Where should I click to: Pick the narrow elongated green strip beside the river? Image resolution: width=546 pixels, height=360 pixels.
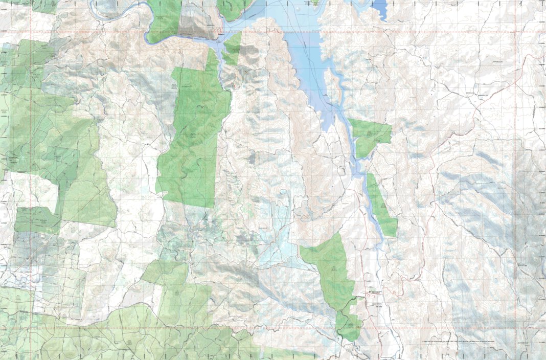click(381, 205)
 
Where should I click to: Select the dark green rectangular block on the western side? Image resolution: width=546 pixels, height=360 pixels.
click(36, 220)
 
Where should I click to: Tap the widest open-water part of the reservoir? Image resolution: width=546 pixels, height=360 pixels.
click(302, 56)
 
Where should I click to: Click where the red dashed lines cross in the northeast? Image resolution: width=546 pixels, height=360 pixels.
click(516, 32)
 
